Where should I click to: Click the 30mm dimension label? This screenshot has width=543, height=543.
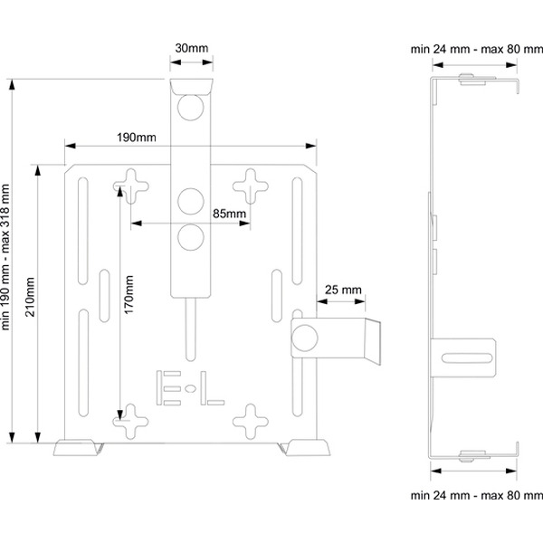191,47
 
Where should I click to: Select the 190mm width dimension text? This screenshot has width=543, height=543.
137,137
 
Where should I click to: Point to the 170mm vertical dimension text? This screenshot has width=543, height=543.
129,293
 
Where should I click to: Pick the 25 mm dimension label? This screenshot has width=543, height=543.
342,290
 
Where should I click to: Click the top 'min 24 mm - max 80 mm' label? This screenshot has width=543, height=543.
476,47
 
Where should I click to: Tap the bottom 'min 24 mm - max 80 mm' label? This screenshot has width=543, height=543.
476,496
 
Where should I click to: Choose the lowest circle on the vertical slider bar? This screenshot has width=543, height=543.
191,237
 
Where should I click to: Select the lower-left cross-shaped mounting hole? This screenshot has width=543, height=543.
131,418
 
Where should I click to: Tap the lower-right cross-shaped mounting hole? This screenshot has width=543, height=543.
250,418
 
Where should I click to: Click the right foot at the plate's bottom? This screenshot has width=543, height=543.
305,448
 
